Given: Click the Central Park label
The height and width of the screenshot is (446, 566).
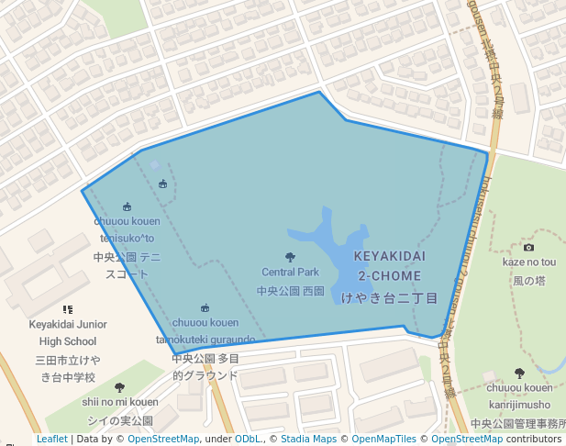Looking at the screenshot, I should [290, 272].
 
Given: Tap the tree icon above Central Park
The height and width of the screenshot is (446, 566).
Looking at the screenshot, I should [291, 258].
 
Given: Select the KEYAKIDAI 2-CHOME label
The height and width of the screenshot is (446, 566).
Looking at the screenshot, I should [389, 267].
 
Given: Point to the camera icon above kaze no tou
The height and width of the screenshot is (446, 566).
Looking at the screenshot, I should [528, 248].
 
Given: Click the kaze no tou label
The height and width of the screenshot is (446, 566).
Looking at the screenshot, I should [529, 262].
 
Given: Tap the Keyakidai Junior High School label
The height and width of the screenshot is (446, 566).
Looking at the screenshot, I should [68, 332].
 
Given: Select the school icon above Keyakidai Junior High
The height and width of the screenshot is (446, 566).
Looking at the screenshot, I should [67, 310].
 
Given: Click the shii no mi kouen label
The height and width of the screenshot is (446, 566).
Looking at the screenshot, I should [119, 402].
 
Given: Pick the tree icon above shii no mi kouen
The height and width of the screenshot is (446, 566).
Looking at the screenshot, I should [119, 387].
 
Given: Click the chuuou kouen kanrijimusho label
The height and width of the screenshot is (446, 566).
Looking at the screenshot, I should [519, 396].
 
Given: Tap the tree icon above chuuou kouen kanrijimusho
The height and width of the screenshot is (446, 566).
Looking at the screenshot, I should [519, 374].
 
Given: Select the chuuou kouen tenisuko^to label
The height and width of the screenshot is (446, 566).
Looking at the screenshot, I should [127, 229].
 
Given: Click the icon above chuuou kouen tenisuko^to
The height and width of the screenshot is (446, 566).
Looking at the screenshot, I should [127, 207].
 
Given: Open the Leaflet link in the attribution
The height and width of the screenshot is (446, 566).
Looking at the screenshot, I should [52, 439].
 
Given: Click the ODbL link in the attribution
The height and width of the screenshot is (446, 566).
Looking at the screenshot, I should [247, 439].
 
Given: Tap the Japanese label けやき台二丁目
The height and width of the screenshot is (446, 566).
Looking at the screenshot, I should [389, 298].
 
